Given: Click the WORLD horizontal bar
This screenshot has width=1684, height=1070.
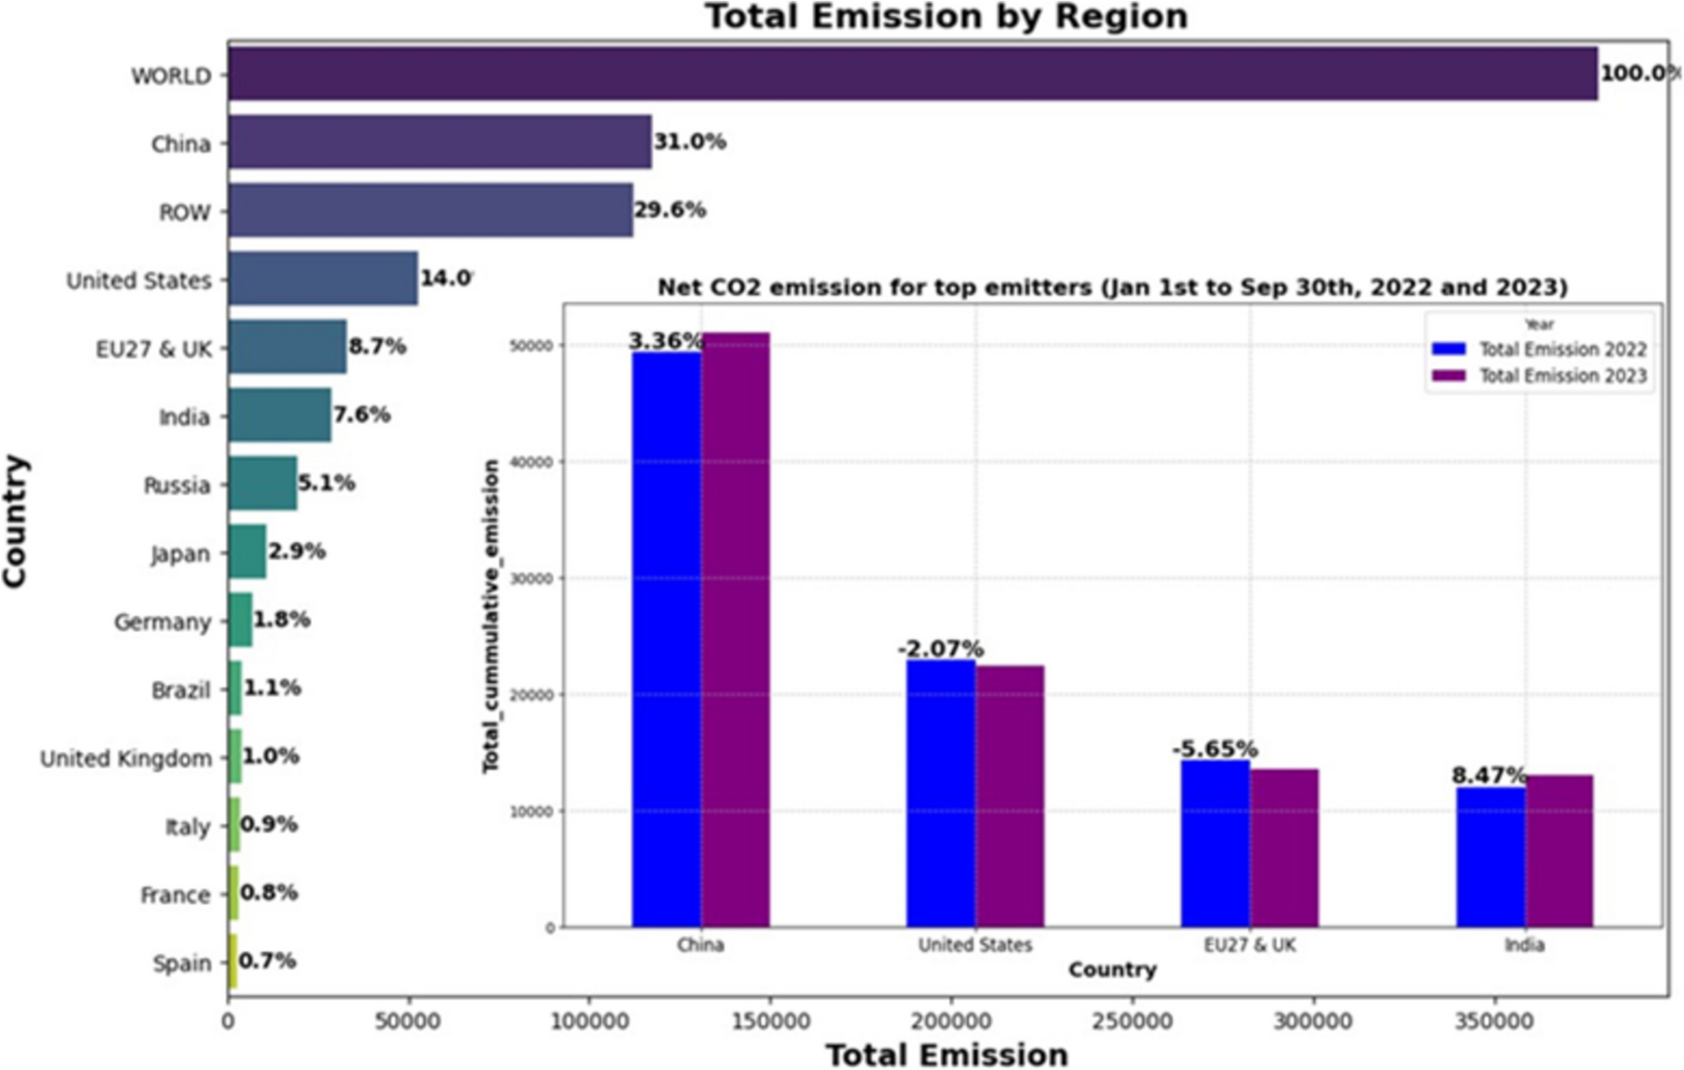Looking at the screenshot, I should pos(912,74).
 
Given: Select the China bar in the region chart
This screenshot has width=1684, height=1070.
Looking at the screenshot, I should pos(439,142).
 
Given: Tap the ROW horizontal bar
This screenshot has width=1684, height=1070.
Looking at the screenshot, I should pos(430,211).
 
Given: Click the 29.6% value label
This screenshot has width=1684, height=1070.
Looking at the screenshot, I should pos(670,211).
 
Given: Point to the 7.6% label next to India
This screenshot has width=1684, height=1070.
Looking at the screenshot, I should pos(361,414).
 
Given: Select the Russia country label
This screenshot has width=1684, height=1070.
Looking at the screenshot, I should pos(177,485).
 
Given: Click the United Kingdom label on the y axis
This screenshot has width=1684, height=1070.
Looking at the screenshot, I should pos(126,758).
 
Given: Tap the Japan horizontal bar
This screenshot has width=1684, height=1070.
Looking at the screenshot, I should pos(247,552).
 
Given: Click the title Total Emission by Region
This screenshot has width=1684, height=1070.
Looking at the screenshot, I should pos(946,17).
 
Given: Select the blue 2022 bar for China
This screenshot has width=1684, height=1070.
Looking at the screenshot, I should pos(666,638).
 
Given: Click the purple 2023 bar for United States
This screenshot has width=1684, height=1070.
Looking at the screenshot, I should pos(1009,796).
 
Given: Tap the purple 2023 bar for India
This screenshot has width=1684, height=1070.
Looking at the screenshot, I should pos(1559,850).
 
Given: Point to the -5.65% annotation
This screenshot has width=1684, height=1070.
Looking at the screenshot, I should pos(1214,749).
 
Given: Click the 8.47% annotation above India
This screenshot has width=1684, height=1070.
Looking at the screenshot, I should pos(1488,776).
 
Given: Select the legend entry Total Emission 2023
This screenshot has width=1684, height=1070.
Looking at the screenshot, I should pos(1562,376).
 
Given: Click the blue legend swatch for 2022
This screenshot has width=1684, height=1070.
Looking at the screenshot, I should pos(1448,349).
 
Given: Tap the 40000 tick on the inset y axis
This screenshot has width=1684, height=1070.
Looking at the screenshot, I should pos(531,462).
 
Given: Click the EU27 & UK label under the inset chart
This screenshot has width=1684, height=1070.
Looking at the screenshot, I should pos(1249,945).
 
